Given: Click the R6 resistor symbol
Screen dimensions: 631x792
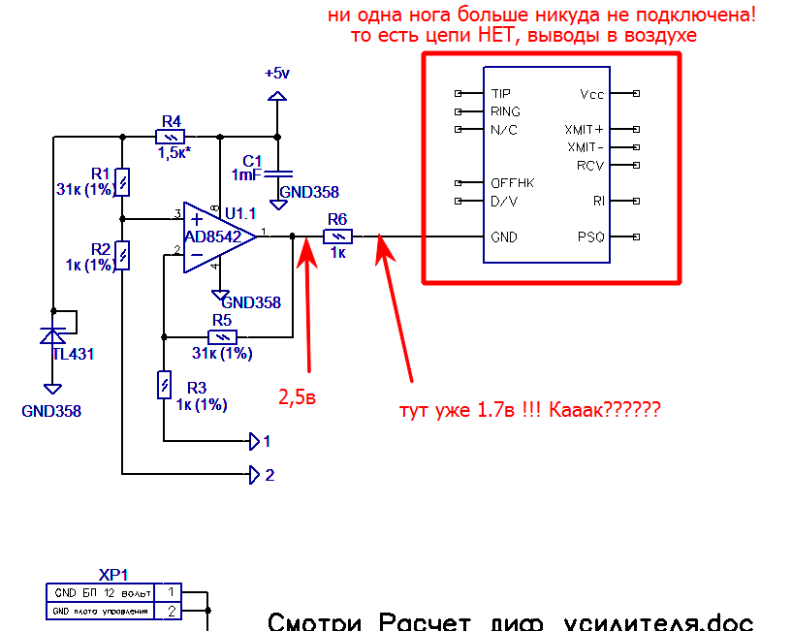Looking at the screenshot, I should point(337,236).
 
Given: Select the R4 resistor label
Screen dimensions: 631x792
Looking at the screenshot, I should point(172,121).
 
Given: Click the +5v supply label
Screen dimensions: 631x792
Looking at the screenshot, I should point(276,74).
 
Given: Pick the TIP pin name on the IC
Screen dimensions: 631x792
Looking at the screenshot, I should point(500,94).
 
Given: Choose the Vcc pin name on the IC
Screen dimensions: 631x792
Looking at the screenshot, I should point(591,94).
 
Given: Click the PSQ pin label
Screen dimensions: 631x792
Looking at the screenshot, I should point(590,237).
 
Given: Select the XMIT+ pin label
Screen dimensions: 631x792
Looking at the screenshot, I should point(584,129).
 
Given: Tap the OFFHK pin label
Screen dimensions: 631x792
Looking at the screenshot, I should point(512,183).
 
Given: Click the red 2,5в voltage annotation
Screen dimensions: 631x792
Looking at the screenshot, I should point(297,397).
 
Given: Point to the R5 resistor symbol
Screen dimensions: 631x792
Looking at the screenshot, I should point(223,336).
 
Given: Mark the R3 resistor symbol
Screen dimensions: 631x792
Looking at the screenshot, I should point(164,385).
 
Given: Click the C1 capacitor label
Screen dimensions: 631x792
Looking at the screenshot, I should point(252,160).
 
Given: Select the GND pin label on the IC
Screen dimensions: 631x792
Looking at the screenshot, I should point(504,237).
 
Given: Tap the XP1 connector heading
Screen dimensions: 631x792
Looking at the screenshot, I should point(113,573).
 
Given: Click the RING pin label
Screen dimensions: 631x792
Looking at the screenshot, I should point(505,111).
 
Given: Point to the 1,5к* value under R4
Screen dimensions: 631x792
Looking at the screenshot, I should point(175,152).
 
